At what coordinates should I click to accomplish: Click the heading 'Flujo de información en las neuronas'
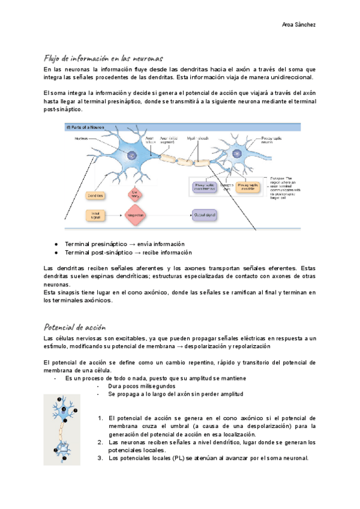coord(104,59)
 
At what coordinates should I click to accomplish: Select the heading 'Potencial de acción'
coord(75,327)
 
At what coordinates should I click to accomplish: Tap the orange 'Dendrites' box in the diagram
coord(96,196)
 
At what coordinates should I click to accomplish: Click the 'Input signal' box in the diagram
coord(95,214)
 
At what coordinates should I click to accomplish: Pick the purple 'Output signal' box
coord(205,214)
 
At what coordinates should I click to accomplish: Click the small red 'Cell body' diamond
coord(136,194)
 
